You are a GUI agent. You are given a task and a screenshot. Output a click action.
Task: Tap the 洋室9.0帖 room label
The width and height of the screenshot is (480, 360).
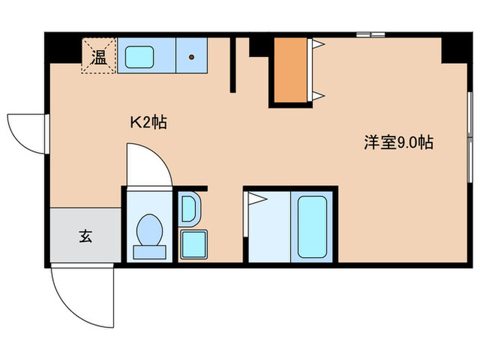398,143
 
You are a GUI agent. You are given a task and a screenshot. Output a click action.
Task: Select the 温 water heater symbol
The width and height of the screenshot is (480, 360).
99,56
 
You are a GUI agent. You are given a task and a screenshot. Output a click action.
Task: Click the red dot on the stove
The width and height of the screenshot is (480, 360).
192,57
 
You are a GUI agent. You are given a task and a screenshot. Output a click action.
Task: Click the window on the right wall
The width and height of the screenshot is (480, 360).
469,137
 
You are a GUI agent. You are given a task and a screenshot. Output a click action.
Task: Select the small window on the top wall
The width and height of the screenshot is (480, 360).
370,34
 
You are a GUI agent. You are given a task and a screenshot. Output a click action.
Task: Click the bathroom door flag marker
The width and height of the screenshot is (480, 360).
256,199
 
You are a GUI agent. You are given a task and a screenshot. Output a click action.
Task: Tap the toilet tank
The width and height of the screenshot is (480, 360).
148,251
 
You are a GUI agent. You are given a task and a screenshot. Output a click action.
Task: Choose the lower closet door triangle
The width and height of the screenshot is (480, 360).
318,95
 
